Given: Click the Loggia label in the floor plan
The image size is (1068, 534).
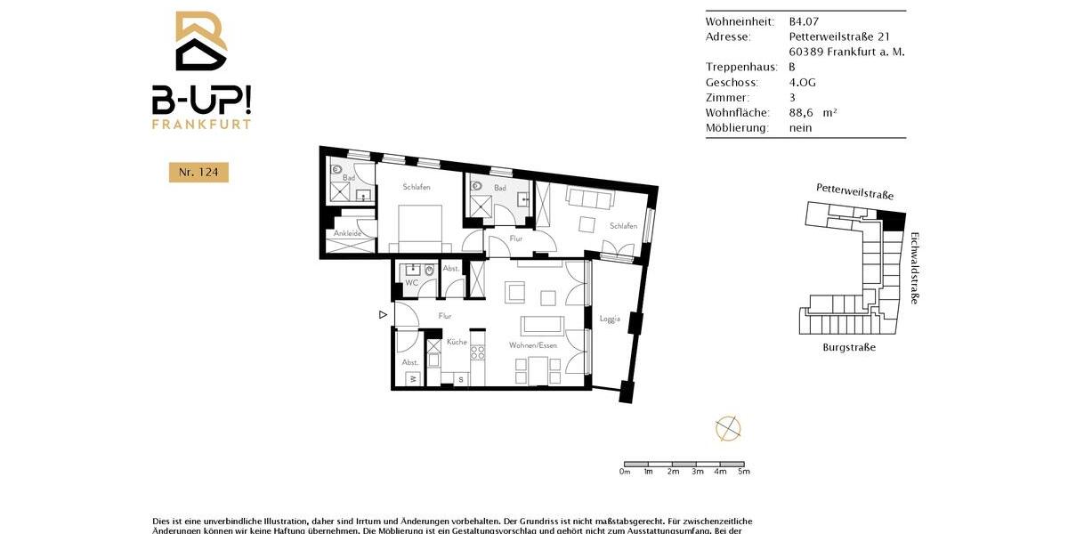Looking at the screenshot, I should [610, 319].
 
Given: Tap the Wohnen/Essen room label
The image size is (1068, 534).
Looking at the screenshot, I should [533, 345].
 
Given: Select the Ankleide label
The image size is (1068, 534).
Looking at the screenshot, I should [347, 233].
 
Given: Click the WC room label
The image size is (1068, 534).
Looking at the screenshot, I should [411, 283].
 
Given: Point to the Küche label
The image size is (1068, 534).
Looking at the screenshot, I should [457, 342].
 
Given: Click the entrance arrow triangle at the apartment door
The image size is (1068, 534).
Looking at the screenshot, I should [383, 314].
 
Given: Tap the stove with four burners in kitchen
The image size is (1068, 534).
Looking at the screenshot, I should [477, 352].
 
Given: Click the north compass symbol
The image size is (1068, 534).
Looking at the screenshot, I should [728, 428].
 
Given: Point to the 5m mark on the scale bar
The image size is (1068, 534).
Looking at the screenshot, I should [744, 472].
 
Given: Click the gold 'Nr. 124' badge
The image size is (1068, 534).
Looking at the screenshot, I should [198, 172].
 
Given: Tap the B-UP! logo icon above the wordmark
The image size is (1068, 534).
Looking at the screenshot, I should [200, 42].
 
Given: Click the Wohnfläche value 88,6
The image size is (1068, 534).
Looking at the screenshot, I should [804, 112].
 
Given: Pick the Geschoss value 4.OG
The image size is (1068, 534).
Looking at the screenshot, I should [803, 82].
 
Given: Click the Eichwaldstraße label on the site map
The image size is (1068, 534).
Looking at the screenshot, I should [914, 268].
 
